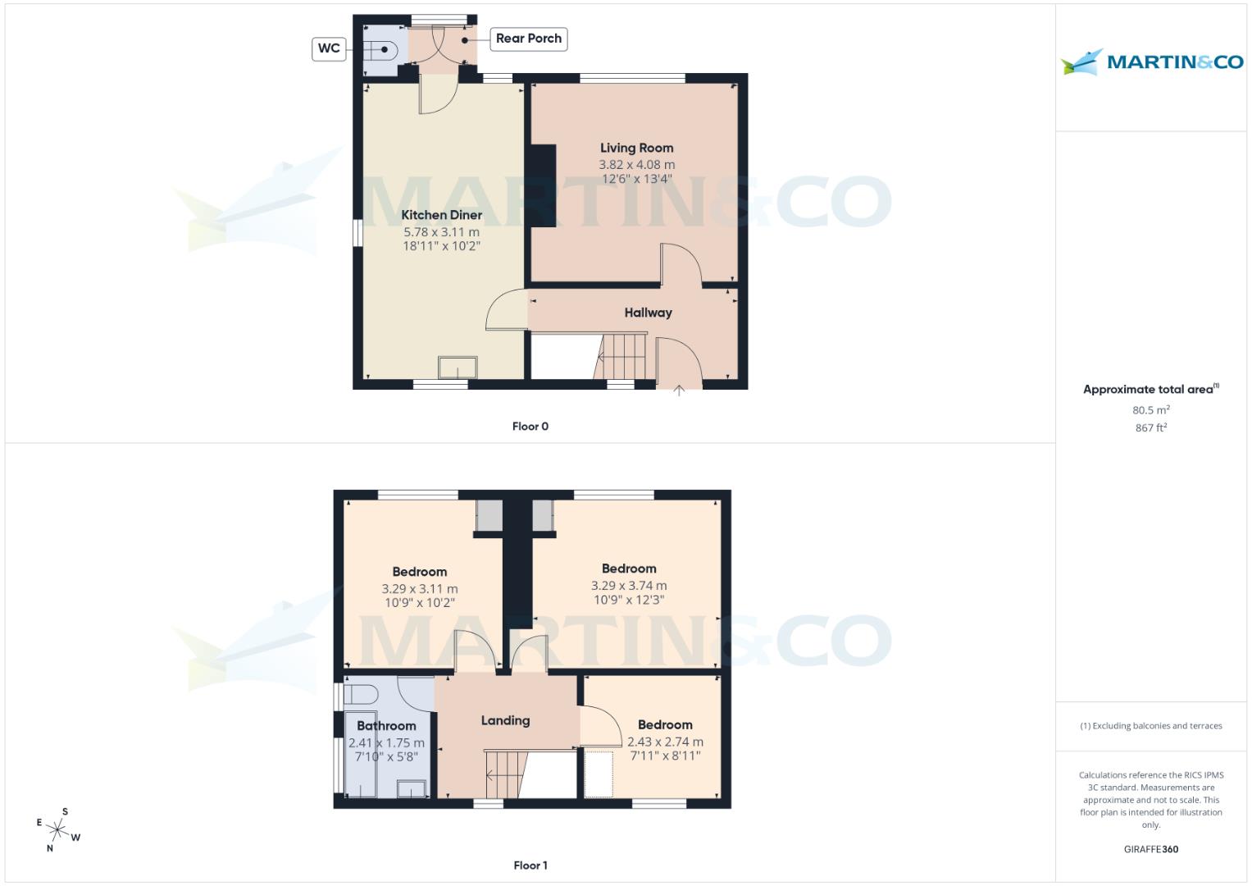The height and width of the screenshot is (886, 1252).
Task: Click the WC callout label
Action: (x=329, y=48)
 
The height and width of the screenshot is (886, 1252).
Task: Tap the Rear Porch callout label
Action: (x=529, y=39)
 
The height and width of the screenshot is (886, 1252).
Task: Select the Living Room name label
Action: (x=636, y=148)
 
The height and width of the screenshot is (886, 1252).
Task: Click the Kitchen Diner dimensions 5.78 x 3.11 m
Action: (x=441, y=232)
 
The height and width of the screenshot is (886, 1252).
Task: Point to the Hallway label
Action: (x=648, y=313)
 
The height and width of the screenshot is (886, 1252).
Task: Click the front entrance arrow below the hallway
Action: (x=679, y=391)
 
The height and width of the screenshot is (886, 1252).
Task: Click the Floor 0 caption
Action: (x=530, y=427)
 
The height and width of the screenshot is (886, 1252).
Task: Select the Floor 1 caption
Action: (x=530, y=865)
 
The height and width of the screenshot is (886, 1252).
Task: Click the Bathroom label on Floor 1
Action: (x=386, y=726)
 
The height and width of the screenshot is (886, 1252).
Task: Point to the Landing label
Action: (x=505, y=720)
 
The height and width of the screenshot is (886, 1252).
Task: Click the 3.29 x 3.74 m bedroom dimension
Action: (x=629, y=586)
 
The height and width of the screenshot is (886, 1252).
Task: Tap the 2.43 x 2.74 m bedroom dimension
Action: (x=665, y=742)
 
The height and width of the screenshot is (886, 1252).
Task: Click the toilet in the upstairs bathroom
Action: (x=359, y=695)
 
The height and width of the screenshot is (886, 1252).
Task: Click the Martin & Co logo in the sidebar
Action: (x=1152, y=62)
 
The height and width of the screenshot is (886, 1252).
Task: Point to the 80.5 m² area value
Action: (x=1151, y=410)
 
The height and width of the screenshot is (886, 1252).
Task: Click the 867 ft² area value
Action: (x=1151, y=428)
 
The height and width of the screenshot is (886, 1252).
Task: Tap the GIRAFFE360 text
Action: (x=1151, y=850)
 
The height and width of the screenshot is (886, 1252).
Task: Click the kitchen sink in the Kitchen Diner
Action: (x=458, y=367)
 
